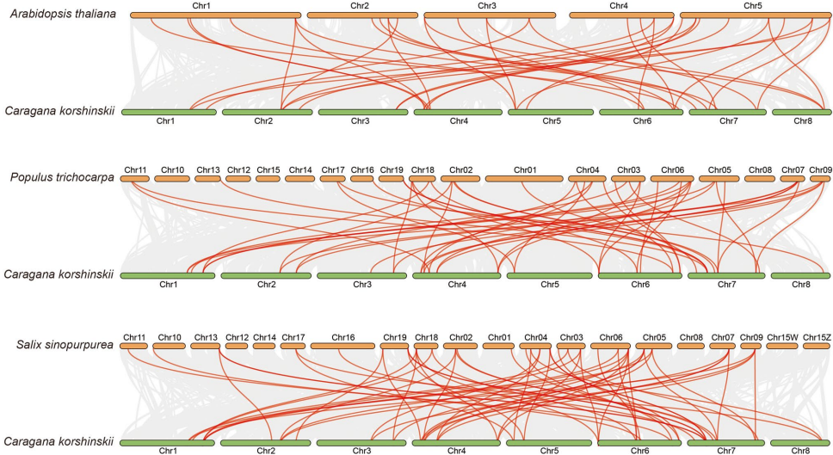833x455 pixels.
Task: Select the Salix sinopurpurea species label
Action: point(65,345)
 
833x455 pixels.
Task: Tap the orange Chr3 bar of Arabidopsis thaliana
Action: point(487,15)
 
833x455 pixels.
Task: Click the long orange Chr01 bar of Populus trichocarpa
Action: point(524,178)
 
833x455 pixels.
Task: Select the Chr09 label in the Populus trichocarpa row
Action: point(821,169)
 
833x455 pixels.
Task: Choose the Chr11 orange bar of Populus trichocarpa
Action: point(135,178)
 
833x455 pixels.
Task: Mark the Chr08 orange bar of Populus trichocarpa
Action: point(759,178)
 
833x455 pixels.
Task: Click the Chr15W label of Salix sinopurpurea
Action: point(781,337)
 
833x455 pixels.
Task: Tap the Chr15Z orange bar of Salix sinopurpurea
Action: point(816,346)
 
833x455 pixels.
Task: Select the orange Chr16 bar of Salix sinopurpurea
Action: point(343,346)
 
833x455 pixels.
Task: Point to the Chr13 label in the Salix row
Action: point(206,337)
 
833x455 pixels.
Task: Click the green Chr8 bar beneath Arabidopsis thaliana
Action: point(801,112)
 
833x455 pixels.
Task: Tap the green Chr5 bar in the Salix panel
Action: point(548,442)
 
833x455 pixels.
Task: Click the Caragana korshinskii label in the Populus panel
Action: point(59,274)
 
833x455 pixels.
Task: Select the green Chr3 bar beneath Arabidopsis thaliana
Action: point(361,112)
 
